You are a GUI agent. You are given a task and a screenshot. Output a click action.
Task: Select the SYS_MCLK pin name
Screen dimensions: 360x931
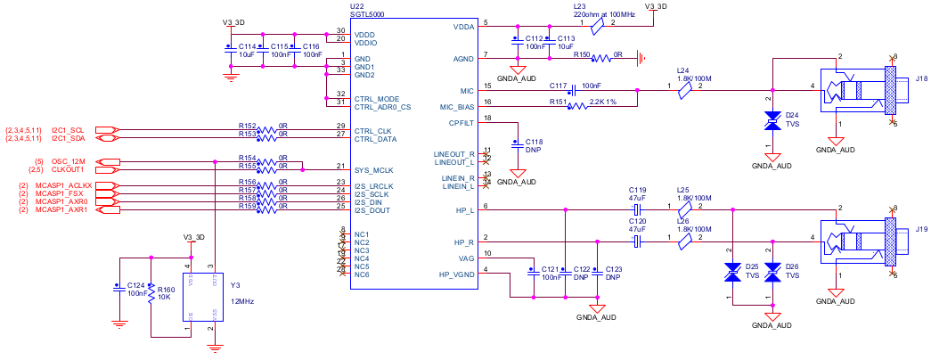pyautogui.click(x=373, y=169)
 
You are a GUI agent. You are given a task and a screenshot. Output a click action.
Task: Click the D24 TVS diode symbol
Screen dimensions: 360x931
pyautogui.click(x=772, y=124)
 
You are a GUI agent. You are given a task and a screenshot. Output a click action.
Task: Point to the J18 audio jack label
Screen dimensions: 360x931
pyautogui.click(x=920, y=79)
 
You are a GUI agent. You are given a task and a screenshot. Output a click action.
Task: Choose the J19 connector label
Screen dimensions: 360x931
pyautogui.click(x=920, y=229)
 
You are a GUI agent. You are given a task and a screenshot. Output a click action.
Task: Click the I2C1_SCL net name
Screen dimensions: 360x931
pyautogui.click(x=67, y=130)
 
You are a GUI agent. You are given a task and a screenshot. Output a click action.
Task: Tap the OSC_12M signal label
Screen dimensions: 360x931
pyautogui.click(x=68, y=161)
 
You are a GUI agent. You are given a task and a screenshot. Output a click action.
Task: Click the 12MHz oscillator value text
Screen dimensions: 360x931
pyautogui.click(x=242, y=302)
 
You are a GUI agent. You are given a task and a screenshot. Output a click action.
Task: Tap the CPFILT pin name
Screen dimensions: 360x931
pyautogui.click(x=461, y=123)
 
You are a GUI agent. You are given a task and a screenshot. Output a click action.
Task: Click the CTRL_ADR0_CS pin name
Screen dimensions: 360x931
pyautogui.click(x=382, y=107)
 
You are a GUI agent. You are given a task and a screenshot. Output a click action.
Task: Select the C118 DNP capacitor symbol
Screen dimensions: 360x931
pyautogui.click(x=516, y=143)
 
